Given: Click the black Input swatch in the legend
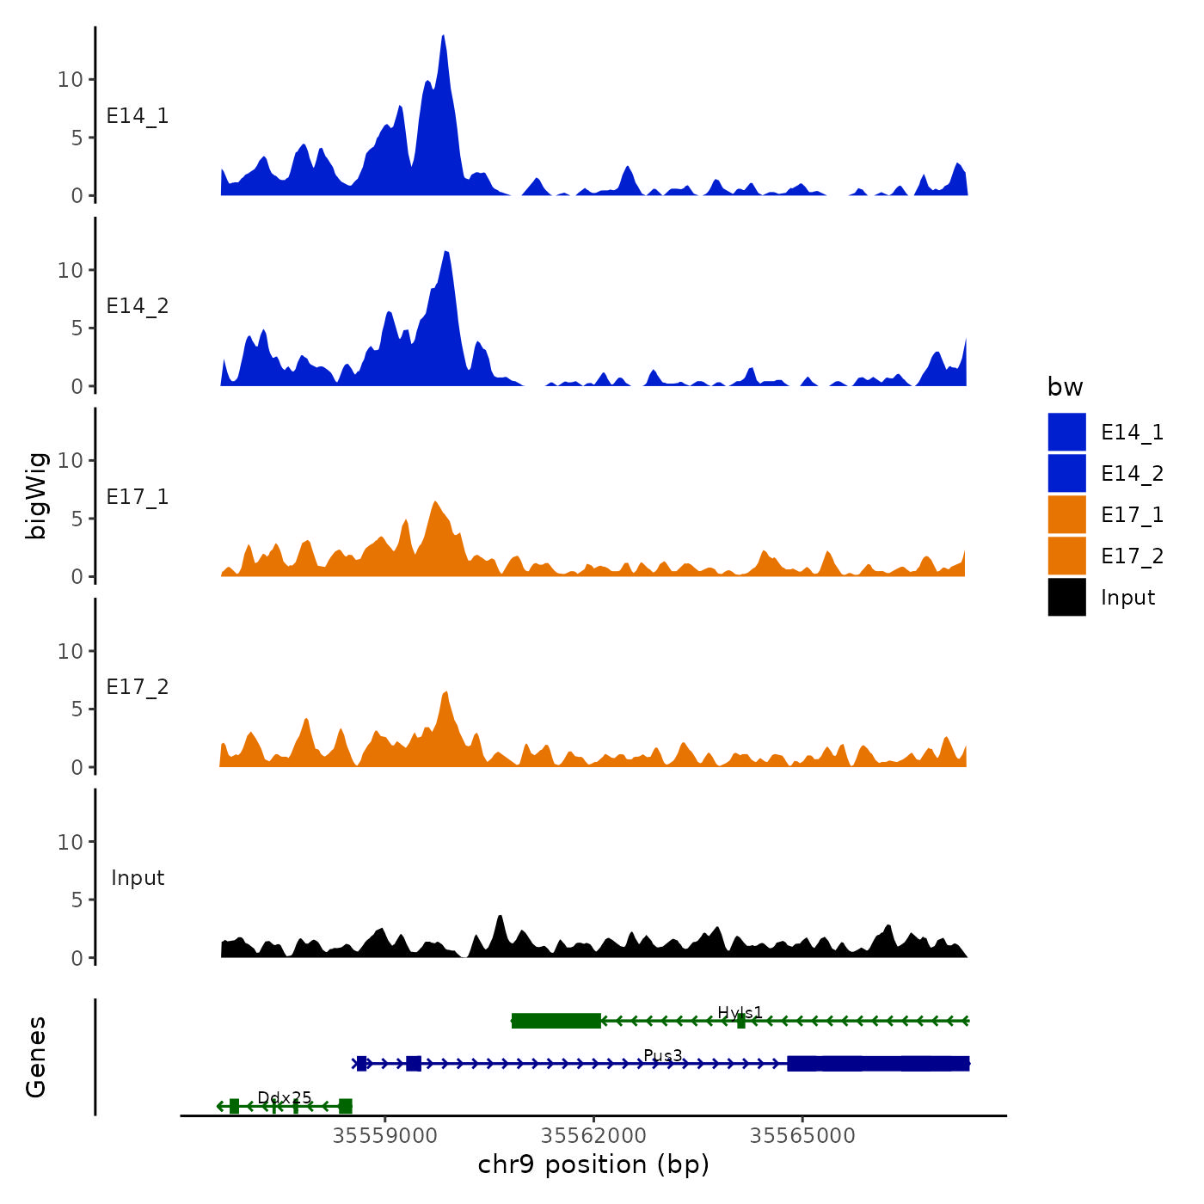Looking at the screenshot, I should [1066, 597].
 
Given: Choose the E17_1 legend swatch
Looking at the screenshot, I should [1066, 514].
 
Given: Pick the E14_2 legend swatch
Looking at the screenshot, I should [1066, 473].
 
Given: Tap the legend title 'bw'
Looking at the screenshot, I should [1065, 387].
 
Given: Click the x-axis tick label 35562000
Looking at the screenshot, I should [594, 1135].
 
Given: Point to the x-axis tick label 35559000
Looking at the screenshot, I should [385, 1135].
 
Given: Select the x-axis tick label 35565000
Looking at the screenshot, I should [802, 1135].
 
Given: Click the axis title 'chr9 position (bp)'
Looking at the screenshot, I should [593, 1164].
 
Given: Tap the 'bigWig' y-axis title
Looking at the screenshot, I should [36, 495].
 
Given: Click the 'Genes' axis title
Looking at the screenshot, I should [36, 1057].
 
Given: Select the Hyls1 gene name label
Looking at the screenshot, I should [740, 1012].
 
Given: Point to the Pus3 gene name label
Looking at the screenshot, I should [663, 1055].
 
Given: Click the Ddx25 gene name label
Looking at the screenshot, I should [285, 1097].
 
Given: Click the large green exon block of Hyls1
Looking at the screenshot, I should [556, 1021].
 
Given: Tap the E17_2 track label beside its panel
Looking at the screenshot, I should [138, 687].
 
